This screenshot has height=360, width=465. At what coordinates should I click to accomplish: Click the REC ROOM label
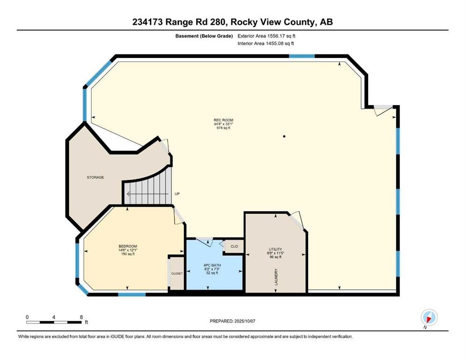223,120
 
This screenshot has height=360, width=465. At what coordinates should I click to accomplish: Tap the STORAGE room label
96,178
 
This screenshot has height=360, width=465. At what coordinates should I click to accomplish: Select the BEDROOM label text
128,247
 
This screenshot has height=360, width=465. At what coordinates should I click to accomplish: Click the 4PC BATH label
212,265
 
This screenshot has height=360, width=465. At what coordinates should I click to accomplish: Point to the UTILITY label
275,249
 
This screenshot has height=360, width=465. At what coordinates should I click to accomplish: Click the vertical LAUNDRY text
276,277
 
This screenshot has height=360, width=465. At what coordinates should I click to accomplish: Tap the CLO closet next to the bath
234,247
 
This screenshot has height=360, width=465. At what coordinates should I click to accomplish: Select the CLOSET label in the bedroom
177,273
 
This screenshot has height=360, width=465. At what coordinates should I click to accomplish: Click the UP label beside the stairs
177,194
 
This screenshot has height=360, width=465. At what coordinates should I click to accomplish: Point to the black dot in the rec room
284,136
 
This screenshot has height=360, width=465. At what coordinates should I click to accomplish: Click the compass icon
429,317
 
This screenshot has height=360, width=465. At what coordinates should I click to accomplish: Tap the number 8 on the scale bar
81,317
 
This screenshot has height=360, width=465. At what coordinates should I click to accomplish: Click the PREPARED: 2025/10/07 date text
232,321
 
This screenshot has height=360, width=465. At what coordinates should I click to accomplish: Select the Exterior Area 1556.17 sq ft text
266,36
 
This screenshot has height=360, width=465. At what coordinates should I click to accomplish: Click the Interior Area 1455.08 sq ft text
266,43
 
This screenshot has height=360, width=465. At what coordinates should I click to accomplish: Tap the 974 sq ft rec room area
223,128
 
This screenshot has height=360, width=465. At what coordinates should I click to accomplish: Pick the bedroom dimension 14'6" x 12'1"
128,250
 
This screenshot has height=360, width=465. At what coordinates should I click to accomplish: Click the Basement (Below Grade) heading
204,36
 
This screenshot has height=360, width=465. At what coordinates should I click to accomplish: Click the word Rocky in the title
244,22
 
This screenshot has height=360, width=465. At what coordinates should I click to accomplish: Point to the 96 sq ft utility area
275,257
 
